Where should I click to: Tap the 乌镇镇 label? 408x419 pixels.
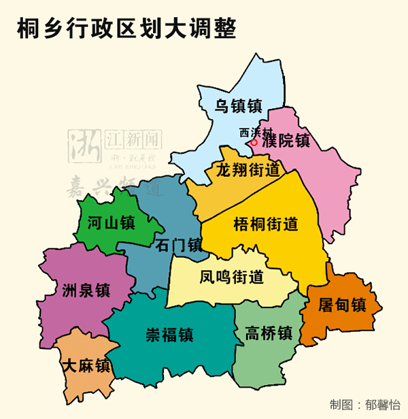(x=239, y=106)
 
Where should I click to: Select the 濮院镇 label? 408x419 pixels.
(x=286, y=141)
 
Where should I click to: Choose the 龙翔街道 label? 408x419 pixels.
(x=248, y=169)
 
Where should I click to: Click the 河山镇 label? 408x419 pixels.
(x=112, y=222)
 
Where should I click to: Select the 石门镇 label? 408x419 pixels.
(x=179, y=245)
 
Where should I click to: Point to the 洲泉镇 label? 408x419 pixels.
(x=84, y=290)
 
